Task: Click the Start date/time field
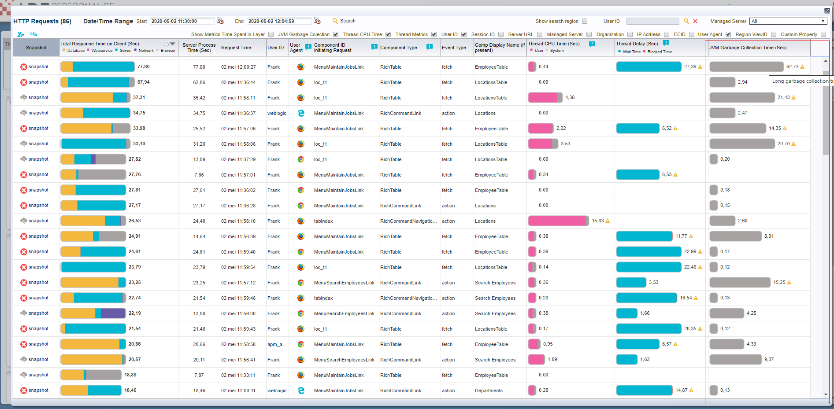(x=182, y=21)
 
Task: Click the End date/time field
(x=279, y=21)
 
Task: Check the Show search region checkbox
(x=585, y=21)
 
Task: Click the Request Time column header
(x=236, y=48)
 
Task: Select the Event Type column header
(x=454, y=48)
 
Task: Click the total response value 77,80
(x=144, y=66)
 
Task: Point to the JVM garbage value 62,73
(x=792, y=66)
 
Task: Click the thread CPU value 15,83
(x=598, y=221)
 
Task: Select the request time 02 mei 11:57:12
(x=238, y=283)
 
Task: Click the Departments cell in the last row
(x=489, y=391)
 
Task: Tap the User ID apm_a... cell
(x=277, y=344)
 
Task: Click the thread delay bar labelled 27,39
(x=649, y=66)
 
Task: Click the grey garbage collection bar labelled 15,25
(x=740, y=282)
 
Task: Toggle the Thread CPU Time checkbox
(x=388, y=34)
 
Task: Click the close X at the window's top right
(x=827, y=11)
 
